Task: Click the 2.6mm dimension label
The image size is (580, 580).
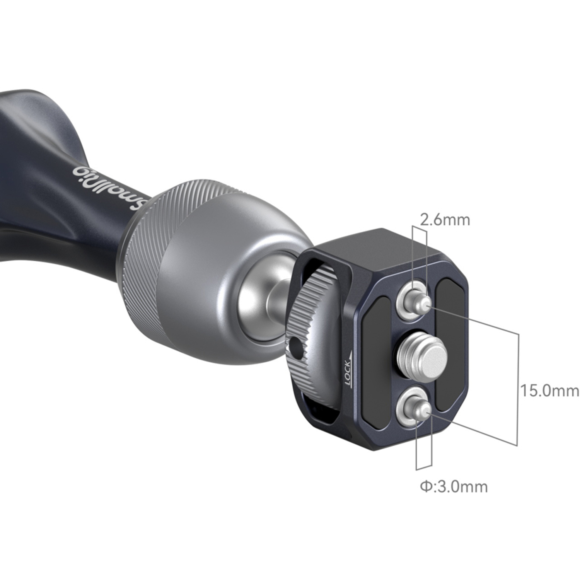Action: click(x=445, y=220)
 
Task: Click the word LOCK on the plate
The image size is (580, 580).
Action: click(x=348, y=374)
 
